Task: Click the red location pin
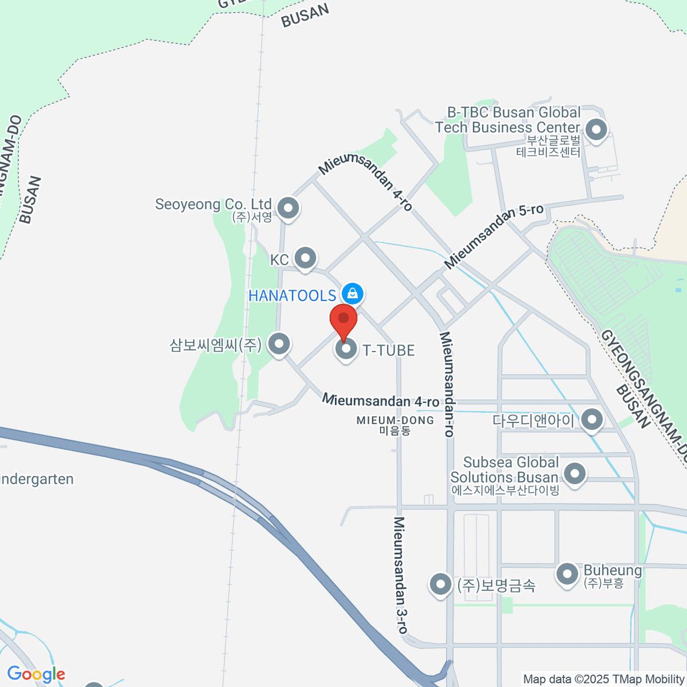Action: pos(343,321)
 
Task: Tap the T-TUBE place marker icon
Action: pos(346,349)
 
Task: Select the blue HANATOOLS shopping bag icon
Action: pos(352,294)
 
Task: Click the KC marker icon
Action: pos(306,258)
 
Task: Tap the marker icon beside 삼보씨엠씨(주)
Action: pos(279,345)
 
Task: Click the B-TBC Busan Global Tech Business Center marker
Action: pos(597,130)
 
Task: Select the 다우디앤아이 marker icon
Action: pos(591,420)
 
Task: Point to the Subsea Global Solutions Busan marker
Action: pos(574,474)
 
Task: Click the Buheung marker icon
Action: pos(567,574)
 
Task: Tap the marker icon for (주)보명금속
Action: pos(440,585)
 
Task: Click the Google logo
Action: pos(36,674)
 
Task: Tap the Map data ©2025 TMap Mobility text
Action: pos(603,680)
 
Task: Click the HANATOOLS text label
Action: pos(292,295)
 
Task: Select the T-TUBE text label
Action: pos(389,350)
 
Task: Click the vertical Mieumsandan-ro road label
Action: pos(447,384)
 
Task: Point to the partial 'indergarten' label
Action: pos(37,479)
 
